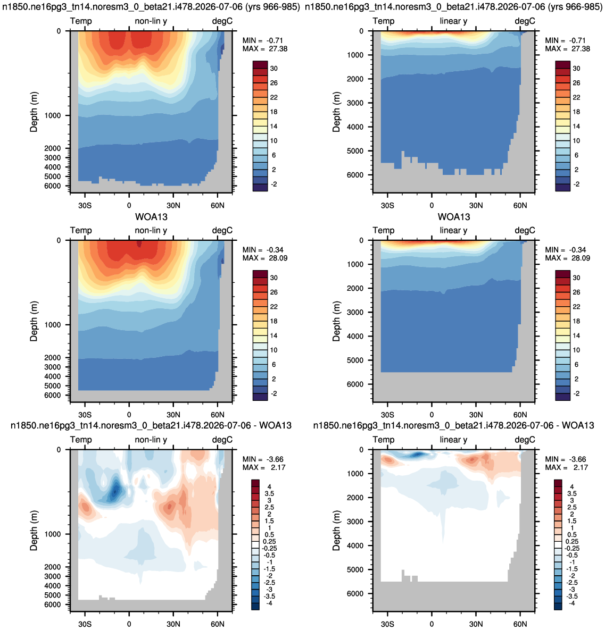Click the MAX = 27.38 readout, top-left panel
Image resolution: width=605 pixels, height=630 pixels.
click(264, 49)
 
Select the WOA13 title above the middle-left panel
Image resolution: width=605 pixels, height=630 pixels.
click(151, 217)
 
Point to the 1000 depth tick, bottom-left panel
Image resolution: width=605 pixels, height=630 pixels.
click(53, 534)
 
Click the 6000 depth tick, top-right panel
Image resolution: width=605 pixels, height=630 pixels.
click(355, 175)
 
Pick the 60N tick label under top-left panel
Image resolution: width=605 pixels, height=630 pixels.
click(217, 206)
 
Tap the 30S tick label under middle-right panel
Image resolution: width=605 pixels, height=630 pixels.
click(387, 415)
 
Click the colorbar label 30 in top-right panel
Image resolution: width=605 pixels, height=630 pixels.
click(576, 69)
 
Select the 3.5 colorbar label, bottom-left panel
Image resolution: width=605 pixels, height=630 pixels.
click(269, 494)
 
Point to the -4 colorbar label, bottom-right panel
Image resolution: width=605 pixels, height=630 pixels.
click(572, 603)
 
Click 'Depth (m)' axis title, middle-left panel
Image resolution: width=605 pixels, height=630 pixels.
click(34, 321)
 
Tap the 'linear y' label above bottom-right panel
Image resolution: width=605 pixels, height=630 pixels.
click(453, 440)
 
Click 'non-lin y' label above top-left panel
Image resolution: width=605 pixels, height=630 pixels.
click(151, 21)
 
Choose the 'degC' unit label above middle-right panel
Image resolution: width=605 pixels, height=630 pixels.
click(525, 231)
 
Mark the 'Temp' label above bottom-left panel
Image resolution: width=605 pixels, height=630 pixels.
click(81, 440)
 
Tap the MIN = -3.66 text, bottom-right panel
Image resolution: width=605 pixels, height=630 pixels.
click(566, 459)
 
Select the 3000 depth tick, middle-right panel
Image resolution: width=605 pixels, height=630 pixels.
click(355, 313)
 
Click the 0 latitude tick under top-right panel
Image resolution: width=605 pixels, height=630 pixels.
click(432, 206)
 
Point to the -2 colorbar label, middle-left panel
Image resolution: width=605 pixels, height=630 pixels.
click(274, 394)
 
